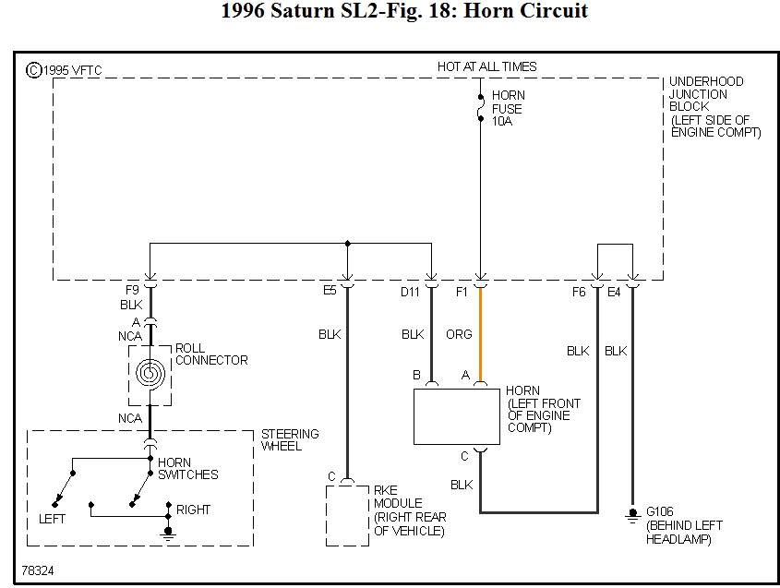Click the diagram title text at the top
click(x=404, y=12)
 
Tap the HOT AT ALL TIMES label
click(x=486, y=66)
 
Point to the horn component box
click(x=456, y=416)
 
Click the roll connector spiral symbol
click(x=149, y=373)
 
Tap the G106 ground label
click(x=661, y=510)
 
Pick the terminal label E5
click(x=330, y=291)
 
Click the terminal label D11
click(x=410, y=292)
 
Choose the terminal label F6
click(x=580, y=292)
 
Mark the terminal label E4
click(x=614, y=292)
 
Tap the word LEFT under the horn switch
click(x=53, y=520)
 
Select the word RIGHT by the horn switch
click(x=193, y=510)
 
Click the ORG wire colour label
click(x=460, y=334)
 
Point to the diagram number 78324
click(x=38, y=571)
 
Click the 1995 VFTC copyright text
click(x=54, y=70)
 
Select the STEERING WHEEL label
click(x=289, y=439)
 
